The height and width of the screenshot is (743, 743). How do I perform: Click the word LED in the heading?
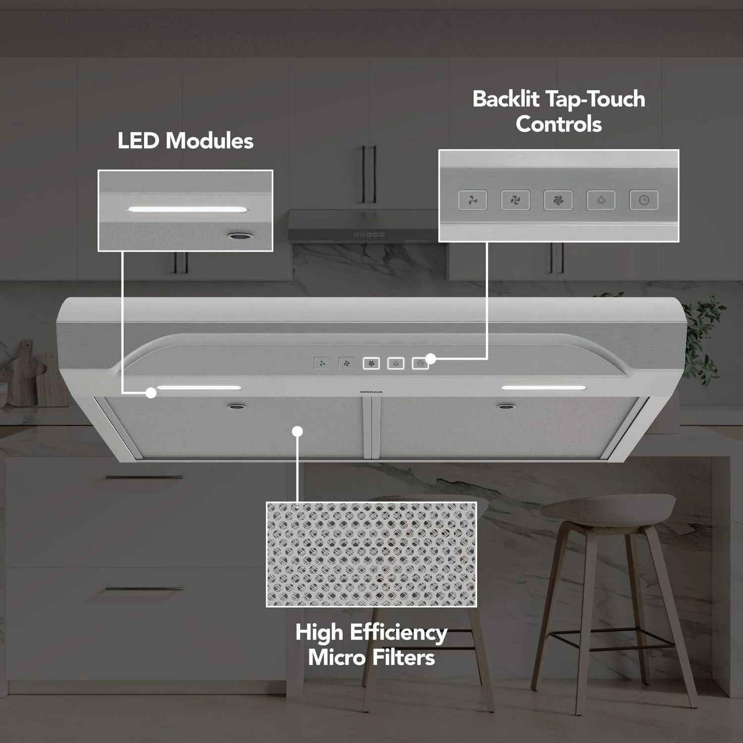[139, 141]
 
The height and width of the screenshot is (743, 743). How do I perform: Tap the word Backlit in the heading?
[506, 99]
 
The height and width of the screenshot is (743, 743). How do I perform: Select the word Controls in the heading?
[559, 124]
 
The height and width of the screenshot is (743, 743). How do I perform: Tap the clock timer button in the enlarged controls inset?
[643, 200]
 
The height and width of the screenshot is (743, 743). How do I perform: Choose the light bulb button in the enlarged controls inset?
[601, 200]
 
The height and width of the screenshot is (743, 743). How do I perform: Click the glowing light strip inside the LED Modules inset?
[187, 210]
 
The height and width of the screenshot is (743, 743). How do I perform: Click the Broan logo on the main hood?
[371, 392]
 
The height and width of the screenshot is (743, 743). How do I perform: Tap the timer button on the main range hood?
[420, 364]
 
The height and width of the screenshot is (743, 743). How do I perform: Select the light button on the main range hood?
[396, 364]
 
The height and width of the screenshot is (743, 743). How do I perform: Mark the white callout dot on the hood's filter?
[297, 431]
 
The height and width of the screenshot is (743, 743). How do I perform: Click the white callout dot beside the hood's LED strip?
[151, 393]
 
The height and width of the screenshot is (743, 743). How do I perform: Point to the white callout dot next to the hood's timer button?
[431, 359]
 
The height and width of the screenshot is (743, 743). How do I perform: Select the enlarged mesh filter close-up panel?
[371, 554]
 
